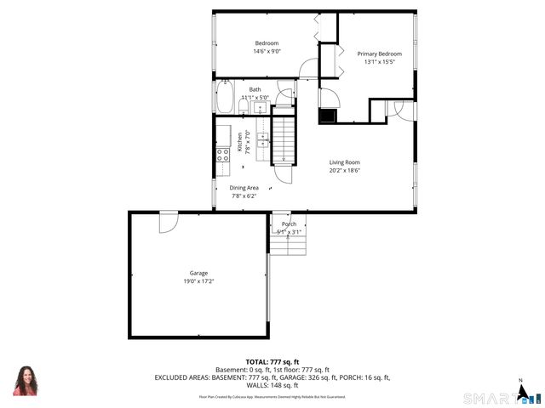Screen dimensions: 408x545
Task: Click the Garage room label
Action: [198, 273]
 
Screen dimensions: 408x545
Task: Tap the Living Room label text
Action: [345, 161]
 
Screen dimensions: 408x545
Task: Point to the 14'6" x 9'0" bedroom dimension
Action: [267, 52]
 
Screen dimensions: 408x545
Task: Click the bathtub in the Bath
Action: [225, 97]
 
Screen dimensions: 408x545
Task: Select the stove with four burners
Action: [222, 155]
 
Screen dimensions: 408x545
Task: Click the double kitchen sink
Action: [222, 134]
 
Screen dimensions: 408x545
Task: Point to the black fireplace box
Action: [328, 116]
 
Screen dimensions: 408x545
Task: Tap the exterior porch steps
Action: [288, 244]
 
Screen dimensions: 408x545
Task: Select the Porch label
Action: [289, 224]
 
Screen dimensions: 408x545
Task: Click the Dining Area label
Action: [244, 188]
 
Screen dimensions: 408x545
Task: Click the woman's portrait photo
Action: [26, 381]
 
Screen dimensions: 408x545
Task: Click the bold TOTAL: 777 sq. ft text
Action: [272, 361]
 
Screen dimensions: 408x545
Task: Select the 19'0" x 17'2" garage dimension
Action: [198, 281]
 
